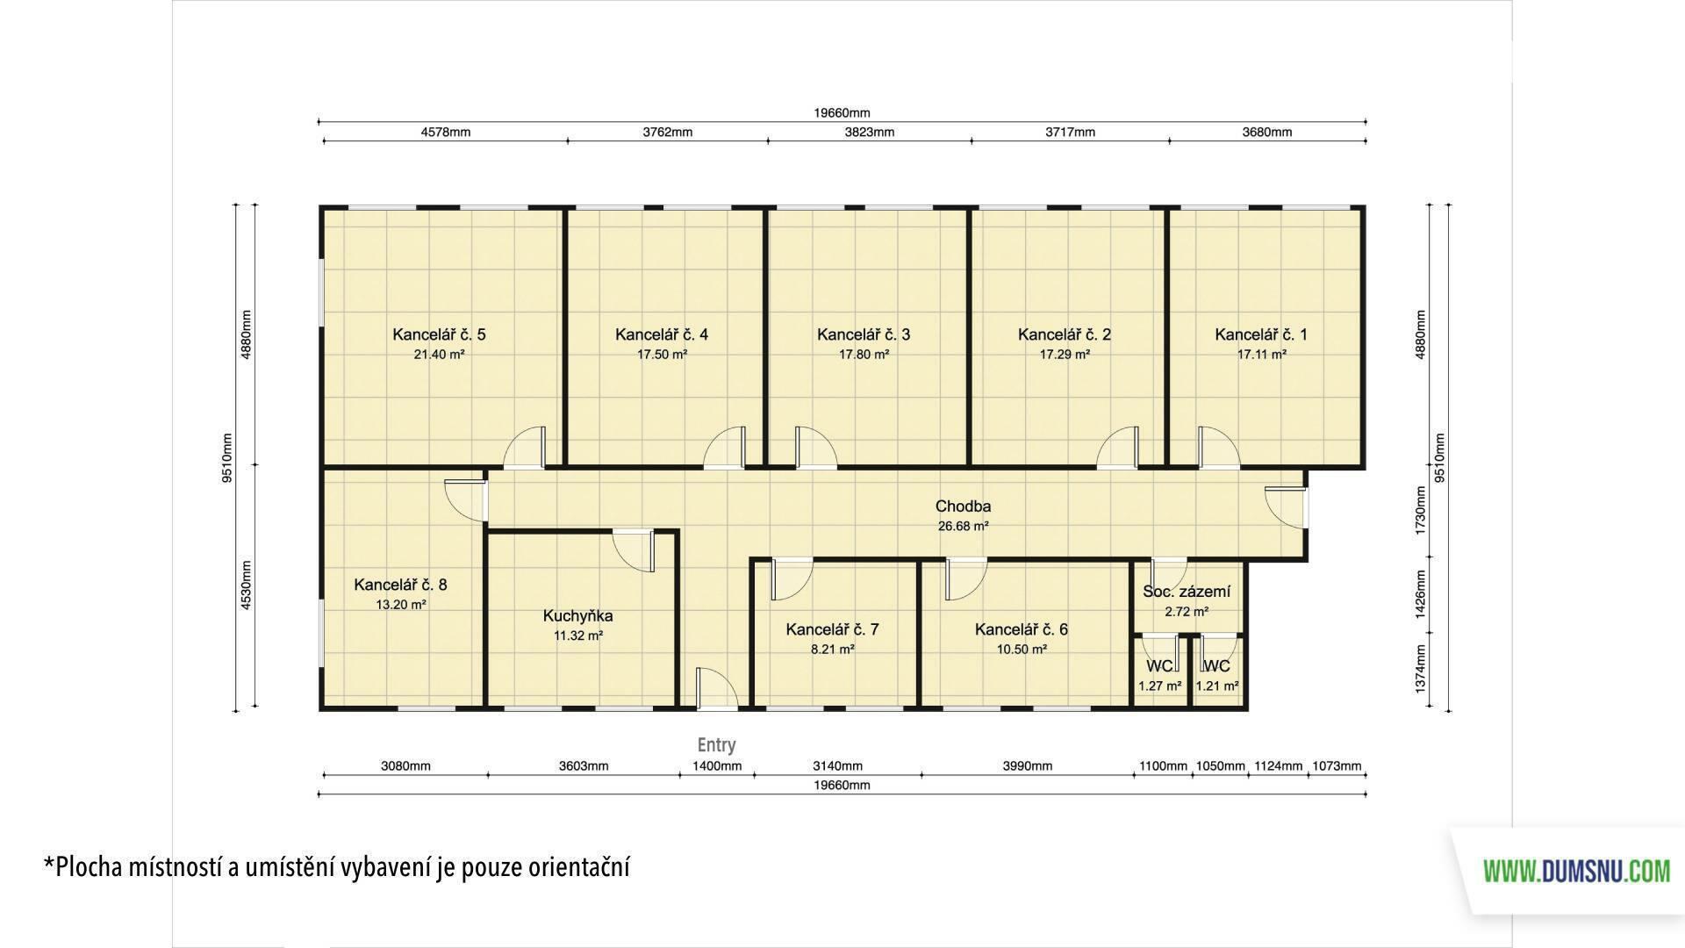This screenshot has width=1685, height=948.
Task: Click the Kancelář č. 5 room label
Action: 439,334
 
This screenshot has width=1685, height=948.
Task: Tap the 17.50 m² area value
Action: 662,355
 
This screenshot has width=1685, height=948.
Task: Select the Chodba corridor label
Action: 963,506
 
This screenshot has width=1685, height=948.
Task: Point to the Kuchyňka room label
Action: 577,616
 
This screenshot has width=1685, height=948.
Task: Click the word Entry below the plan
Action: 716,745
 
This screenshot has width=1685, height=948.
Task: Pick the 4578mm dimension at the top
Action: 446,133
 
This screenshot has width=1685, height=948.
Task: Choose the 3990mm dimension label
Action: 1027,766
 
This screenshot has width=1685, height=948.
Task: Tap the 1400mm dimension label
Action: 717,766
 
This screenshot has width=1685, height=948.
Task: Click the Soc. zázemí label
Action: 1187,592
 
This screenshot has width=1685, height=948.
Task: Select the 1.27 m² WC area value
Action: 1159,686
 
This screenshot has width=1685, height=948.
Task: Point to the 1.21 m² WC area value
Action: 1217,686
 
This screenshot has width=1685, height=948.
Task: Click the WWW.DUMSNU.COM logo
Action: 1576,872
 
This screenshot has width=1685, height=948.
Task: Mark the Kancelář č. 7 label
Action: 832,629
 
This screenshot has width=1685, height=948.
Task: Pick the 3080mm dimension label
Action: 405,766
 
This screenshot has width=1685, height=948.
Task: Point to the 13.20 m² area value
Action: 401,605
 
